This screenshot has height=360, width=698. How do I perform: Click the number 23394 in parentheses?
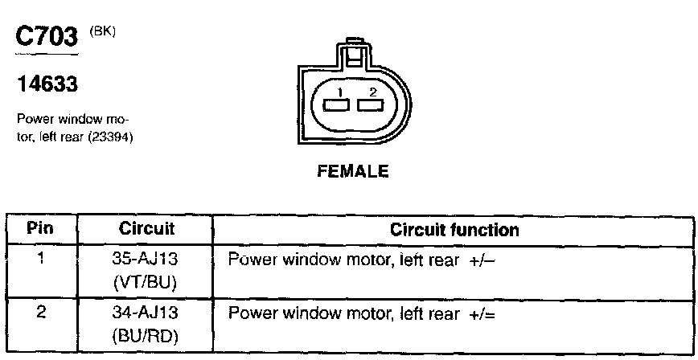pyautogui.click(x=113, y=137)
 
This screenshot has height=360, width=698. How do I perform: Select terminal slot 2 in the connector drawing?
pyautogui.click(x=371, y=104)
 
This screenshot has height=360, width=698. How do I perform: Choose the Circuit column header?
pyautogui.click(x=146, y=229)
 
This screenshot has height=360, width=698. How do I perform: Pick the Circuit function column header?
pyautogui.click(x=454, y=230)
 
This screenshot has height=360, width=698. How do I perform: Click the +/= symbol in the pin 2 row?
pyautogui.click(x=480, y=312)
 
